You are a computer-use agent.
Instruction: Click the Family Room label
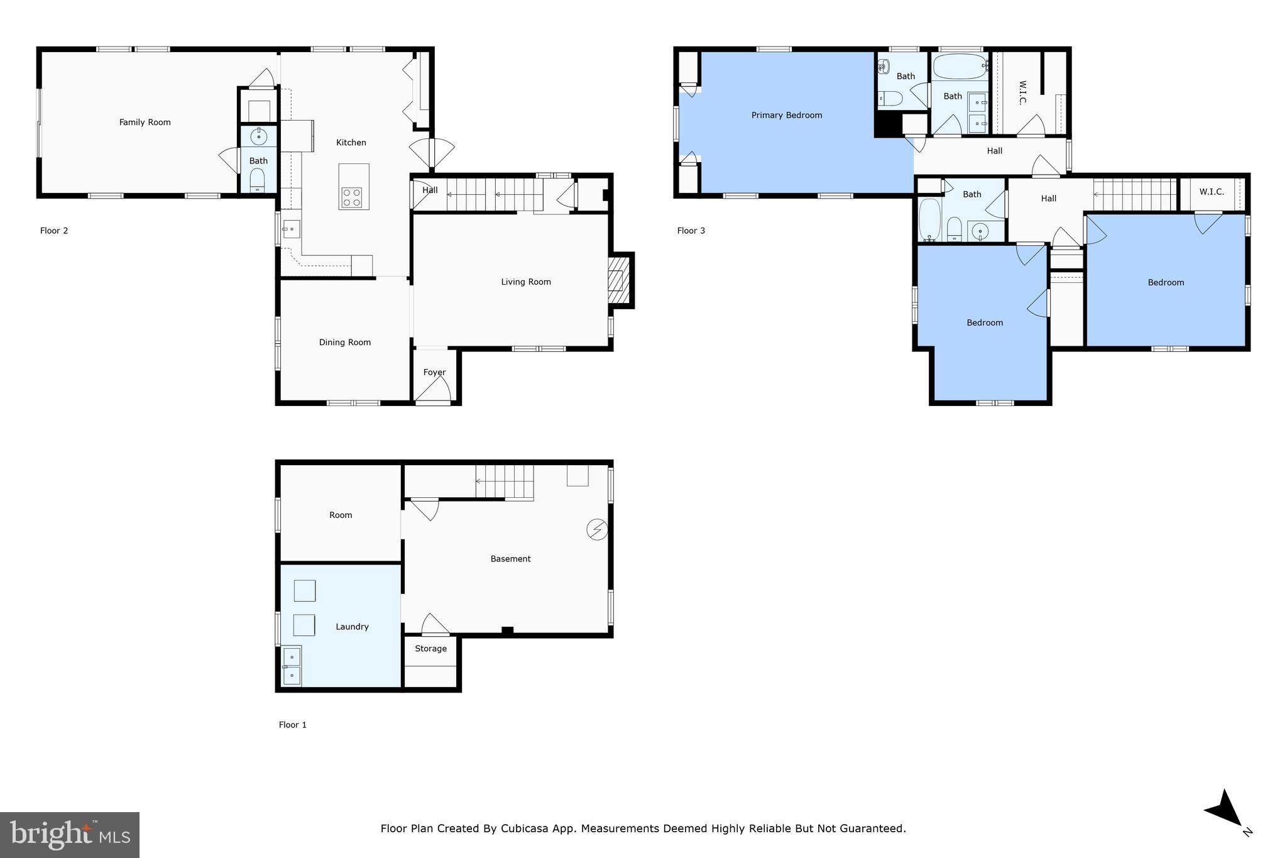[145, 122]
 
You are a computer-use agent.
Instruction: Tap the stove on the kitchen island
[353, 197]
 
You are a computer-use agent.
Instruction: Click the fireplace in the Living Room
[618, 280]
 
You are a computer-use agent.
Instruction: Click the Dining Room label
[344, 342]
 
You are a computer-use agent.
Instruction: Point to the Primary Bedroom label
[786, 115]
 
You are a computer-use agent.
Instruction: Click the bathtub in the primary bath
[960, 66]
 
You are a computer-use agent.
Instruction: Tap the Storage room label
[430, 648]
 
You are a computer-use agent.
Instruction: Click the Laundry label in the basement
[351, 626]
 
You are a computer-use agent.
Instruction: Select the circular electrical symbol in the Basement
[596, 529]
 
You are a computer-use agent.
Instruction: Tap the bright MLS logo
[69, 835]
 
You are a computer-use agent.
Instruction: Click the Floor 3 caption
[691, 231]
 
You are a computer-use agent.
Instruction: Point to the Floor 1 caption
[292, 725]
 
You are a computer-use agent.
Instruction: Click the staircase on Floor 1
[504, 482]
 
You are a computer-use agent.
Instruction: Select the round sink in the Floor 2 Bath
[258, 136]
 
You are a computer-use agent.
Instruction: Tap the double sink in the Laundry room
[291, 666]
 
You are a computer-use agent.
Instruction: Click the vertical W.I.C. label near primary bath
[1022, 92]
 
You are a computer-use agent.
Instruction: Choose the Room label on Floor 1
[341, 515]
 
